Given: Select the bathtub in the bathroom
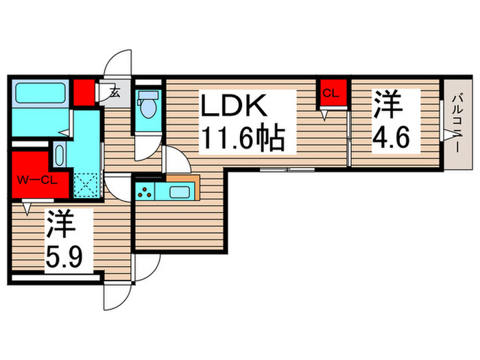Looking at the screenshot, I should pyautogui.click(x=39, y=94).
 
